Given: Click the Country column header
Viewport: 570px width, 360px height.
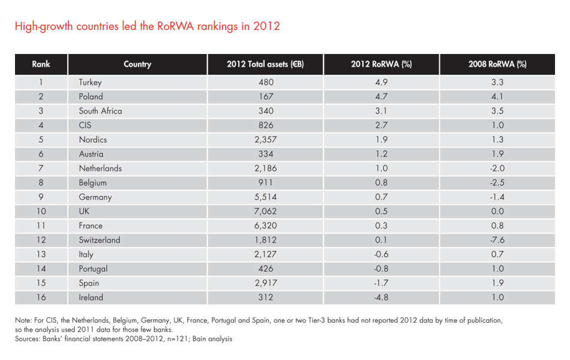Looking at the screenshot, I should click(x=137, y=64).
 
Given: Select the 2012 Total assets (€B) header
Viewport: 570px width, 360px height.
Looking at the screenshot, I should click(x=265, y=64).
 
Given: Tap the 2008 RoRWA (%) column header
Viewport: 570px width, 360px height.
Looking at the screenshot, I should click(x=497, y=64).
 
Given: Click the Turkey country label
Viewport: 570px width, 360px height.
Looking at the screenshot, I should click(x=90, y=82).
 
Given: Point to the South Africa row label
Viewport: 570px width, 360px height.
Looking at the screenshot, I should click(x=100, y=111).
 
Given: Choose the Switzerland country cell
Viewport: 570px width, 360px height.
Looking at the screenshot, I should click(x=99, y=240).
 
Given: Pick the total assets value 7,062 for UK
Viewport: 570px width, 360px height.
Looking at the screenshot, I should click(x=265, y=211).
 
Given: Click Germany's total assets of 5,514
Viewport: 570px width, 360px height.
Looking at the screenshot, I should click(x=265, y=197).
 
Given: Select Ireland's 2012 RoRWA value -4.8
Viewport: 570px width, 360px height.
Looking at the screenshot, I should click(x=381, y=298).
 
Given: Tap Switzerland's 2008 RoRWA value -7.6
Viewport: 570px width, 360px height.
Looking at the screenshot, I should click(x=497, y=240).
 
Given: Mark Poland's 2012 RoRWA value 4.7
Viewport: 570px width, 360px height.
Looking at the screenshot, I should click(x=381, y=97).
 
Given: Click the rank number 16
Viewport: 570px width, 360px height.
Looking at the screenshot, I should click(x=41, y=298).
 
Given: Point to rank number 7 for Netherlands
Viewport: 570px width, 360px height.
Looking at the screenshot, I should click(x=41, y=169).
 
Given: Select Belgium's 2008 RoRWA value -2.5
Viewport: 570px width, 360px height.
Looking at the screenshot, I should click(x=497, y=183).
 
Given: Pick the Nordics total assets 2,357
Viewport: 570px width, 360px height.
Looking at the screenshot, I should click(x=265, y=140).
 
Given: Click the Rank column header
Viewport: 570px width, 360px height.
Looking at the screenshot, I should click(x=41, y=64).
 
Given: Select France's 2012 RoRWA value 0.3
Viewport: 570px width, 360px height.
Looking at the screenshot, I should click(x=381, y=226).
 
